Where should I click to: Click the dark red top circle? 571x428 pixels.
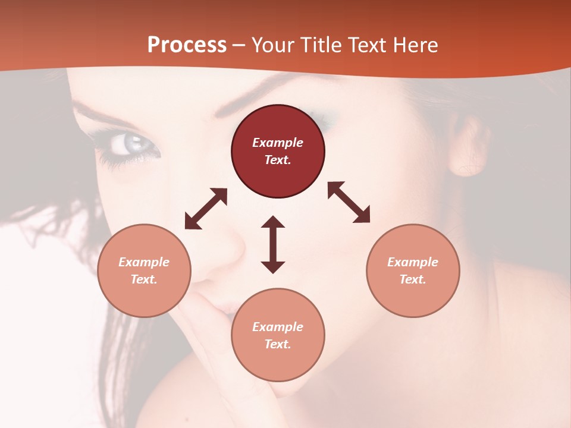click(278, 152)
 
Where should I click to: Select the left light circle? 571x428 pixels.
click(144, 270)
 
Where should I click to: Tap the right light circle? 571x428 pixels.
click(413, 270)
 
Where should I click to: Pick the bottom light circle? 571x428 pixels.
click(278, 335)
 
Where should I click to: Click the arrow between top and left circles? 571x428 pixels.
click(206, 209)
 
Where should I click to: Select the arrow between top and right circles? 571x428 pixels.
click(349, 202)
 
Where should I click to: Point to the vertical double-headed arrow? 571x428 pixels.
click(273, 244)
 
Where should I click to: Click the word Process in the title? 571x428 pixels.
click(187, 45)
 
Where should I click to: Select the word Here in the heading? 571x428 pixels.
click(416, 45)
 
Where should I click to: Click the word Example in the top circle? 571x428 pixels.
click(278, 143)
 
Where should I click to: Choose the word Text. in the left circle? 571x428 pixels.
click(144, 279)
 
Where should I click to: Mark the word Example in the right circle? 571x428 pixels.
click(413, 262)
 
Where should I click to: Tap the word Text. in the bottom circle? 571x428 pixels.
click(278, 344)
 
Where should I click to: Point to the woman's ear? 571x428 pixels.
click(468, 149)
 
